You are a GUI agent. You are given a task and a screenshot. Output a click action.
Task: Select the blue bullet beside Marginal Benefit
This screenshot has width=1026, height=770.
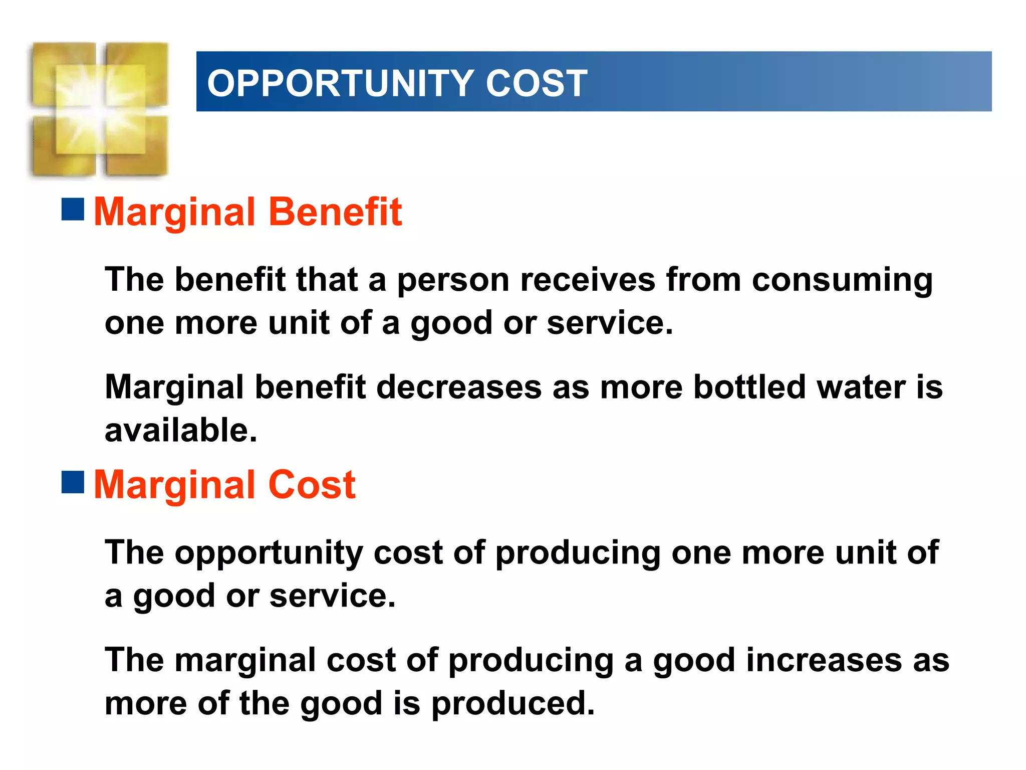pyautogui.click(x=73, y=210)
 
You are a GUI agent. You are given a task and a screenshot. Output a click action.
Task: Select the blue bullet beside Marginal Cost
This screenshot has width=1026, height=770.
pyautogui.click(x=73, y=482)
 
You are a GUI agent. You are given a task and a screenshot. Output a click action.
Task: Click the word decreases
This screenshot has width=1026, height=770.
pyautogui.click(x=458, y=387)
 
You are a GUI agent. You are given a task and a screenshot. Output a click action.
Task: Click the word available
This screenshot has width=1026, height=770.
pyautogui.click(x=180, y=430)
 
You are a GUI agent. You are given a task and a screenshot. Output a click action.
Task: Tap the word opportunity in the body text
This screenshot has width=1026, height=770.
pyautogui.click(x=269, y=553)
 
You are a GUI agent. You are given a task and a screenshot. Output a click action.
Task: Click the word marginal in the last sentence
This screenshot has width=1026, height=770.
pyautogui.click(x=245, y=661)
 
